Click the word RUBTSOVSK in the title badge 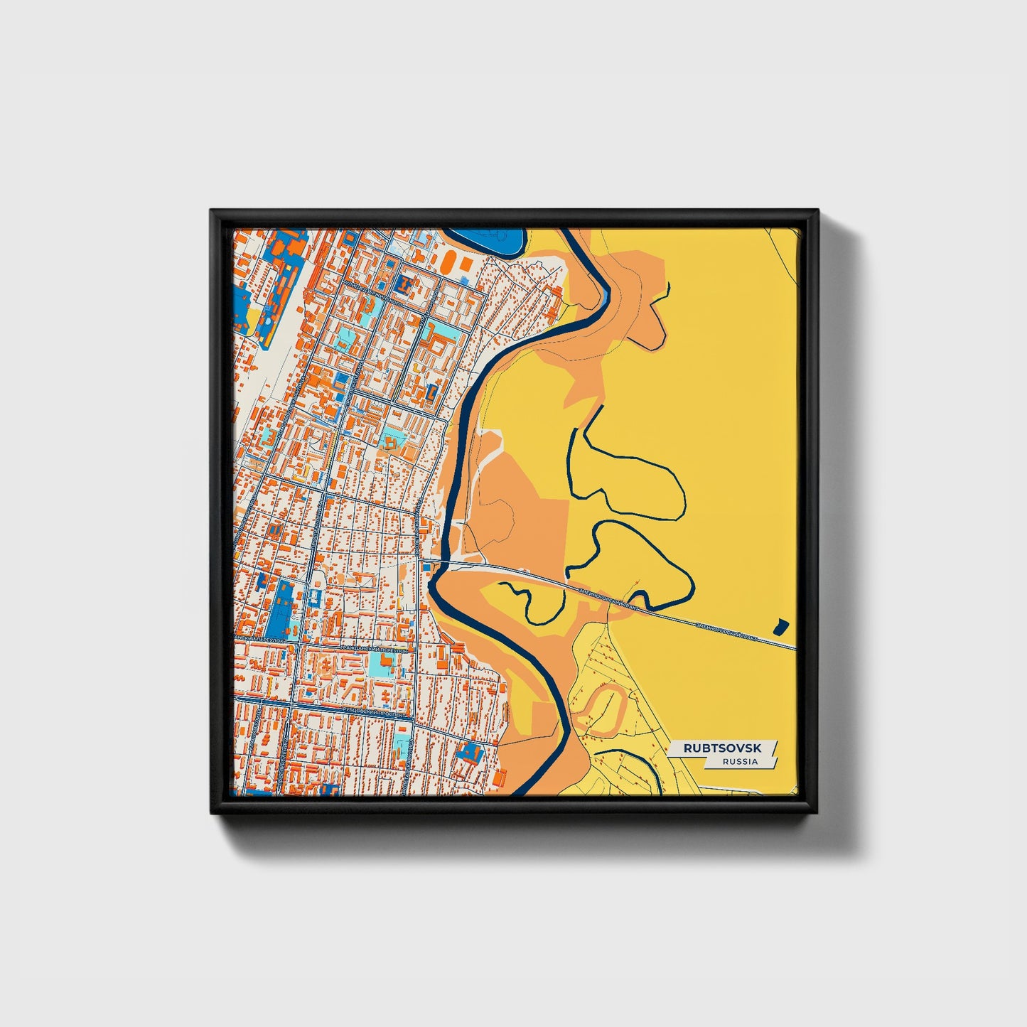click(x=721, y=748)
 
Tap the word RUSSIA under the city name click(x=739, y=761)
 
